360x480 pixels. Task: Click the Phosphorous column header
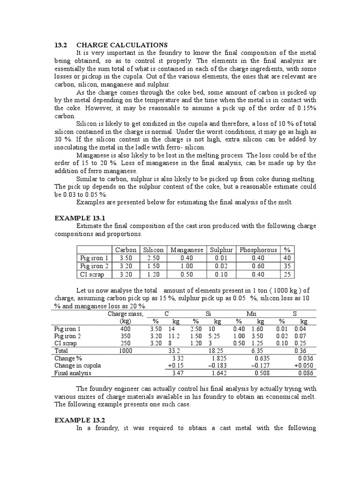pyautogui.click(x=258, y=250)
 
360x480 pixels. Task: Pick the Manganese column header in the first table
pyautogui.click(x=187, y=250)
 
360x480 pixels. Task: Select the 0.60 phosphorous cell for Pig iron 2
pyautogui.click(x=258, y=265)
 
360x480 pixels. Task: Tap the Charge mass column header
pyautogui.click(x=126, y=314)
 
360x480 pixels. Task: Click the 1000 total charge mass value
pyautogui.click(x=126, y=350)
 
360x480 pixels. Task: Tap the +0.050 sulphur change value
pyautogui.click(x=302, y=365)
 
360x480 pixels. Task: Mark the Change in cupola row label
pyautogui.click(x=77, y=365)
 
